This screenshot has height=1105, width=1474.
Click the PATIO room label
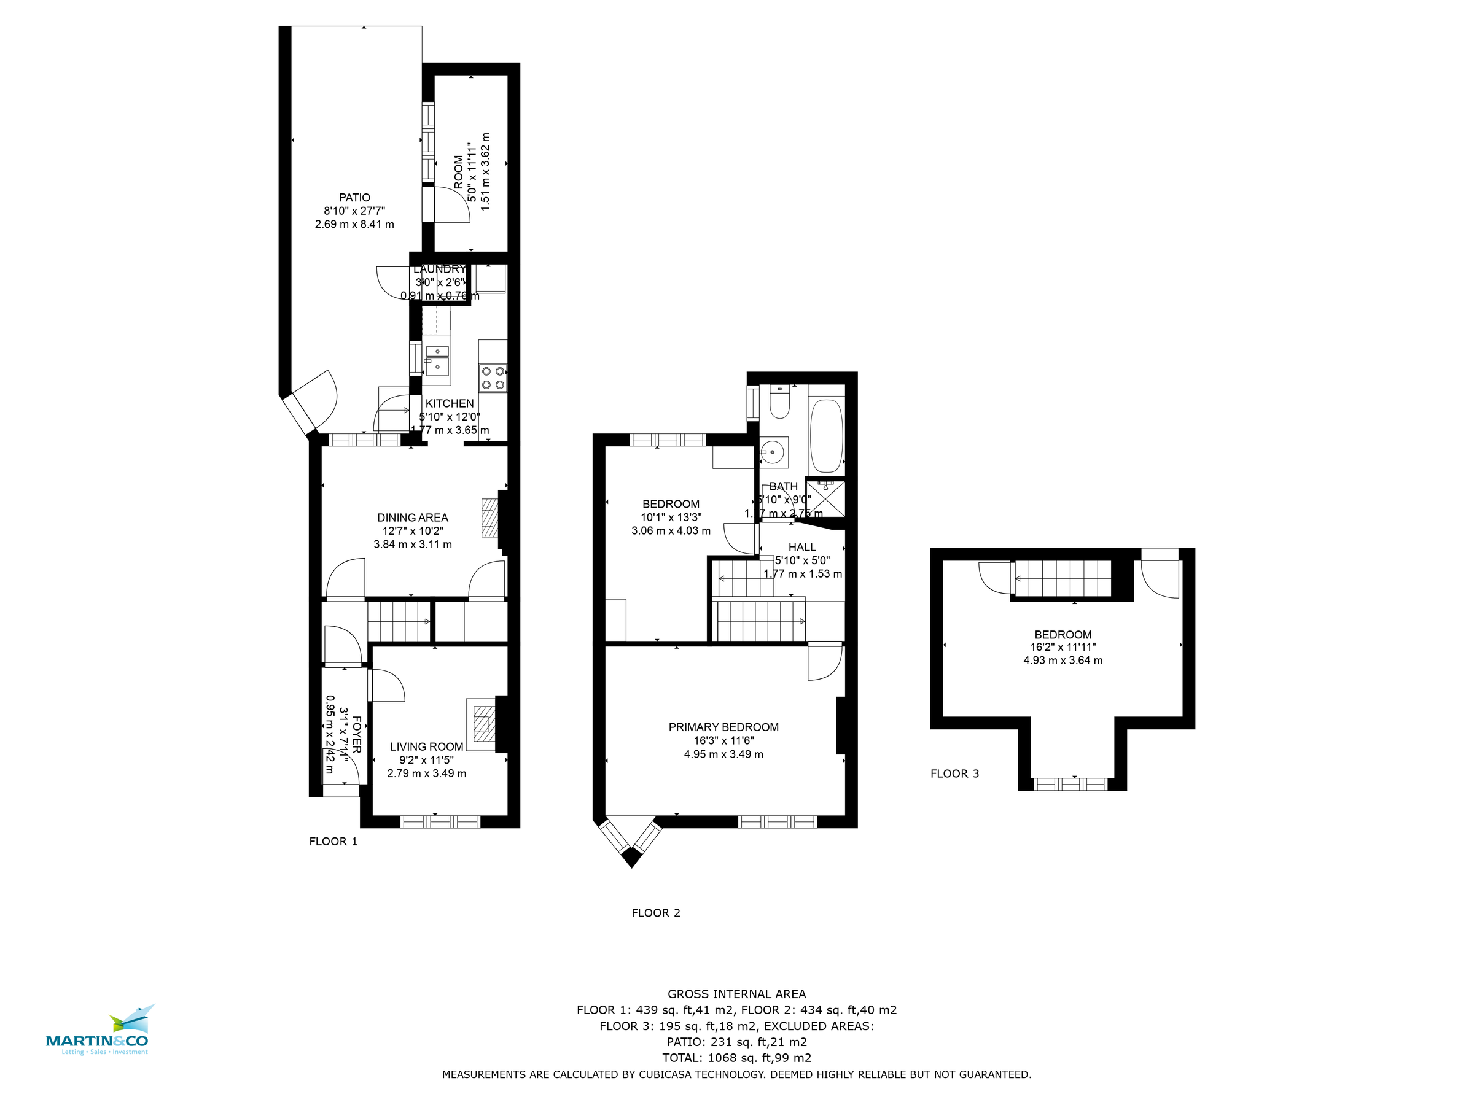[354, 197]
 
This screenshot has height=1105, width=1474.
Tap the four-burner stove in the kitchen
[493, 378]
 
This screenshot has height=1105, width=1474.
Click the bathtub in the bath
[826, 436]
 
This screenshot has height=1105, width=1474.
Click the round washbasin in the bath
[773, 452]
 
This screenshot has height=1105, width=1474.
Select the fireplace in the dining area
[489, 518]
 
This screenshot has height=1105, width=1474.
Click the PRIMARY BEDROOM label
[723, 727]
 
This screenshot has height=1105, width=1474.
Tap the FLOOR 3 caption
[954, 773]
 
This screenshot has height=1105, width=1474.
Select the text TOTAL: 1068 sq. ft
[736, 1058]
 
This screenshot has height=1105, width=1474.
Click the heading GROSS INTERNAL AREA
[736, 994]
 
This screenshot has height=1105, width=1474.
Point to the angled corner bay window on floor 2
[631, 839]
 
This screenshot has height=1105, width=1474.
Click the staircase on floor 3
[1063, 579]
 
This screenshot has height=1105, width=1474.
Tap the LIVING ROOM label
[426, 746]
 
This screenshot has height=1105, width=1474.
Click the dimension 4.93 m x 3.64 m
[1063, 660]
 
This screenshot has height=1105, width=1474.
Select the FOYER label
[356, 735]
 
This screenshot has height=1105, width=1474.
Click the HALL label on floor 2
[801, 547]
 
